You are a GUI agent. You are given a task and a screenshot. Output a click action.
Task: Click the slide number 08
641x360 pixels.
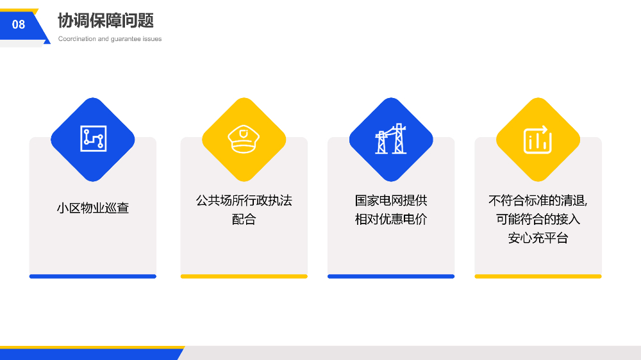pos(19,24)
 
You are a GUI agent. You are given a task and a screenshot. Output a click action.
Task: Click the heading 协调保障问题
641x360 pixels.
pos(106,20)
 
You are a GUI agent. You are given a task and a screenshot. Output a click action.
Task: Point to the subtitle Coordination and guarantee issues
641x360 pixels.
pos(110,39)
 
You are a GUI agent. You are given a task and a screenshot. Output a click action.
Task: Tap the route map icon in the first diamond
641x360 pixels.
pos(93,139)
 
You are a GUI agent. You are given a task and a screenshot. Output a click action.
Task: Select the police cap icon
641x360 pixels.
pos(244,139)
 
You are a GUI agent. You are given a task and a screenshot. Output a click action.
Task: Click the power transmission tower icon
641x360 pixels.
pos(391,139)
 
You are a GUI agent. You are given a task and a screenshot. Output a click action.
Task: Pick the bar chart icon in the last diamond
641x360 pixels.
pos(538,140)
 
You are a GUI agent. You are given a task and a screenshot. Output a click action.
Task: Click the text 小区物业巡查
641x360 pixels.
pos(93,208)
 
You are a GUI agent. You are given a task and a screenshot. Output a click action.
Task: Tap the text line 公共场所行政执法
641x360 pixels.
pos(244,200)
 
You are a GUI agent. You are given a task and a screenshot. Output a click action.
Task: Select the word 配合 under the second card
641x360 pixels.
pos(244,219)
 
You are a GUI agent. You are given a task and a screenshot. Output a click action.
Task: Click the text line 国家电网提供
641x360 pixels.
pos(391,200)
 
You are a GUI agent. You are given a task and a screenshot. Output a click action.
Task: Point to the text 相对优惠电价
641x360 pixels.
pos(391,219)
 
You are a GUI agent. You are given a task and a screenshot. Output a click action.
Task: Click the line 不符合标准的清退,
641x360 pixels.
pos(538,200)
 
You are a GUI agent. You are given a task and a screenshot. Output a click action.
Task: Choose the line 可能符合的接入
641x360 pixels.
pos(538,219)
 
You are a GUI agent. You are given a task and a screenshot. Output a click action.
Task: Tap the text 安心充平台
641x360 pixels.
pos(538,238)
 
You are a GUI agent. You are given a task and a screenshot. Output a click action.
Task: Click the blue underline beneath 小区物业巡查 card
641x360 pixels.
pos(93,277)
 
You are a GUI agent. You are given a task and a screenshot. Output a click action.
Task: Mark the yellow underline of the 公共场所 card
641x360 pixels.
pos(244,277)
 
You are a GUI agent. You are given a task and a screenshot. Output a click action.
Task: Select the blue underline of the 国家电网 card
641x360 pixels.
pos(391,277)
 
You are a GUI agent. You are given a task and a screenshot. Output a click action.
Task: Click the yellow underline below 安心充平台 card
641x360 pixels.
pos(538,277)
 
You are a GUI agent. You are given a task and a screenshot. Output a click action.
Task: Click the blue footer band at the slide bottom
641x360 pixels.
pos(90,354)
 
